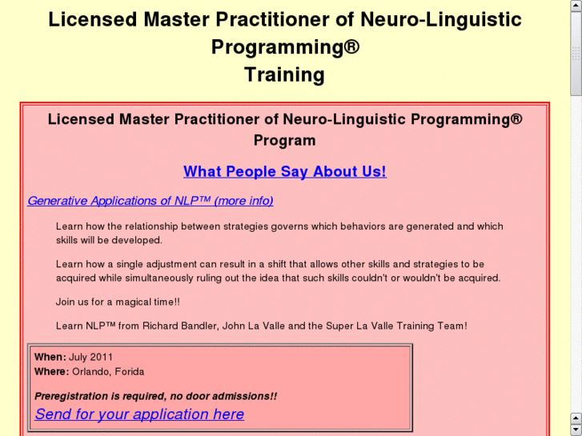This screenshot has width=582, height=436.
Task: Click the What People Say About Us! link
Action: [284, 171]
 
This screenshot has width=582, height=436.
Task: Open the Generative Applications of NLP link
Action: [151, 201]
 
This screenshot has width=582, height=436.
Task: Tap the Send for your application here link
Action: [139, 414]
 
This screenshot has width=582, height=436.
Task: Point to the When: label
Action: [50, 357]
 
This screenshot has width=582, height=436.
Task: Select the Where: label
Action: [52, 371]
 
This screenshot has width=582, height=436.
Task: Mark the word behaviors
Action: [371, 226]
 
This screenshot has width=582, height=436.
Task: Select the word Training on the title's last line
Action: [284, 75]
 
